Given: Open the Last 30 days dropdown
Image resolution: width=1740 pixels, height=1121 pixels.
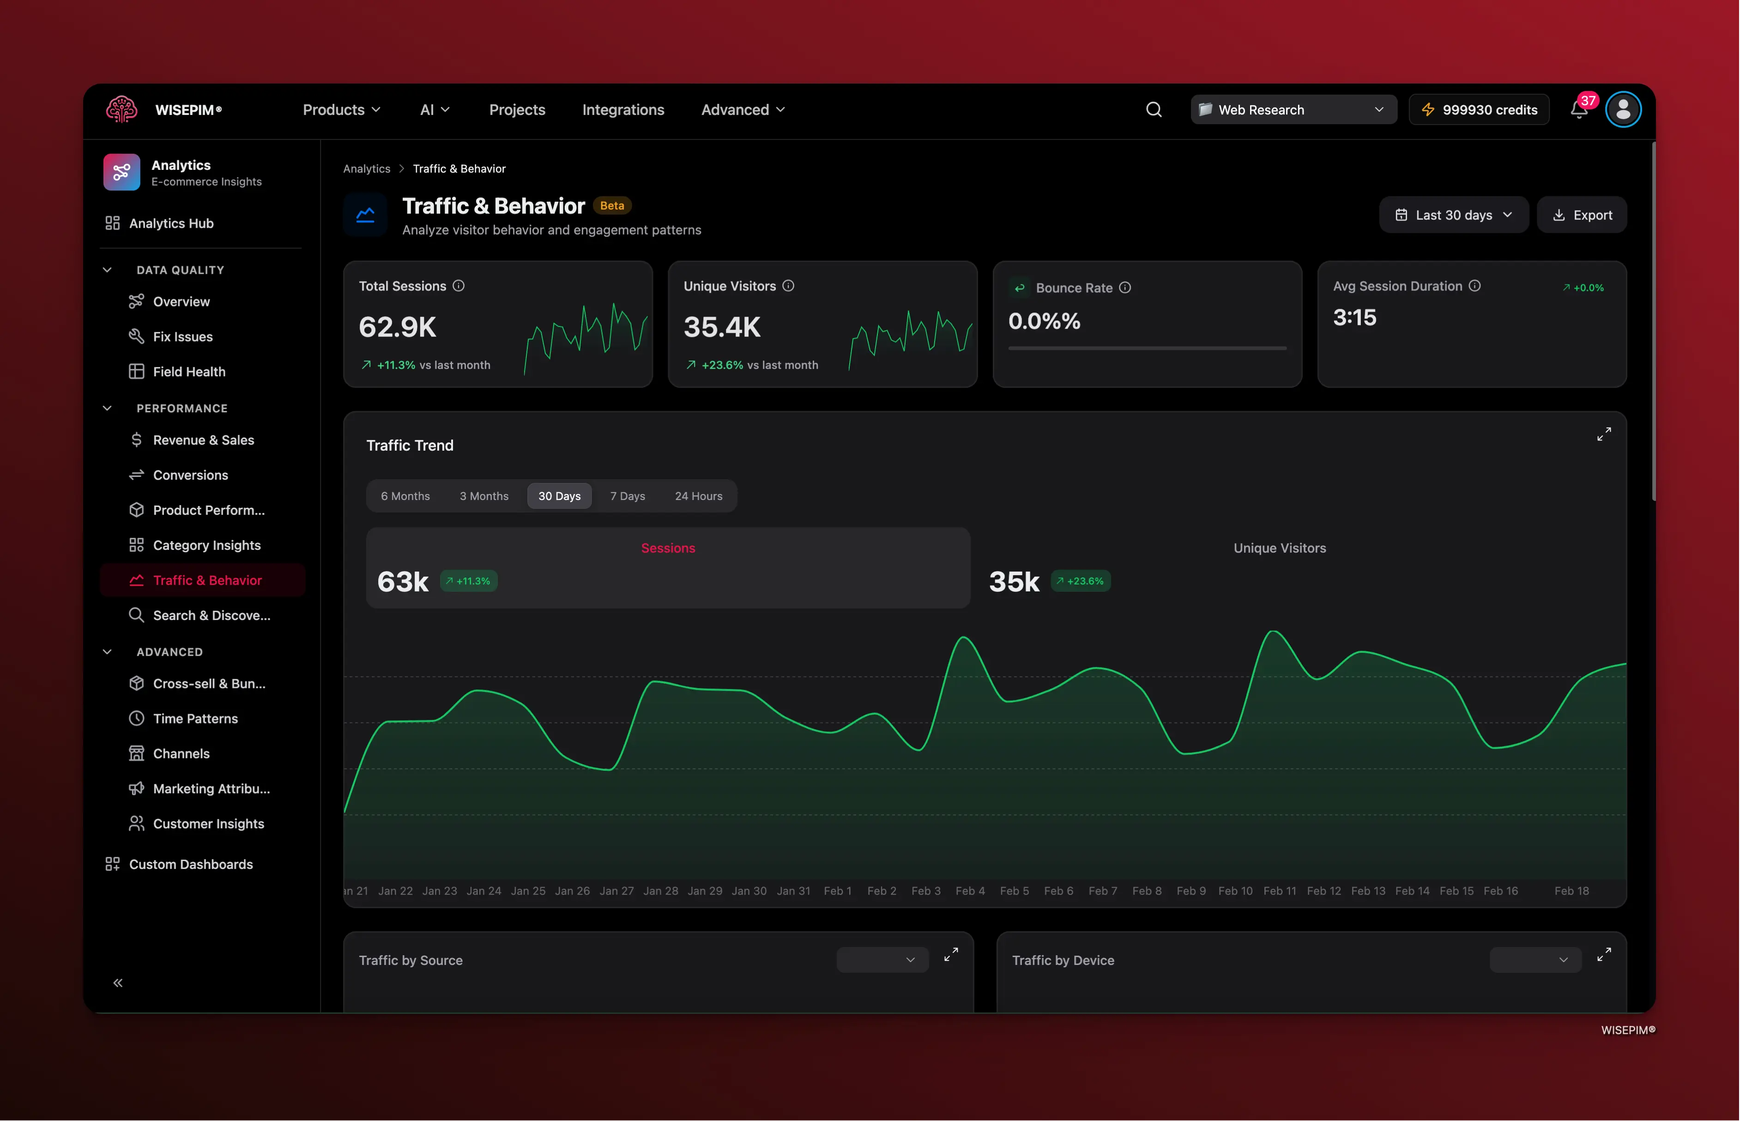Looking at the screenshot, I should [1453, 215].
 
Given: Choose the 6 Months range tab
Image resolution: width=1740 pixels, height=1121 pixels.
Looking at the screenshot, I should [405, 496].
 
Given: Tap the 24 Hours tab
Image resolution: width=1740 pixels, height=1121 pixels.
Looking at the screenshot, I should [698, 496].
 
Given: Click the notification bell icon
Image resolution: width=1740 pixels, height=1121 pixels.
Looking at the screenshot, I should [1578, 110].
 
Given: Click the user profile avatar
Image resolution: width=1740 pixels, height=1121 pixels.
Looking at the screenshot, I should [1623, 110].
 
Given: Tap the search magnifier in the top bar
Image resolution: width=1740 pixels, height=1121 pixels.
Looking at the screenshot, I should [1153, 110].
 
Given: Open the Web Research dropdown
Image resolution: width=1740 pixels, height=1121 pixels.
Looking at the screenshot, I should [1293, 110].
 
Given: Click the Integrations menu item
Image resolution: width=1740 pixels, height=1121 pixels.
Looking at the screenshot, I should [623, 110].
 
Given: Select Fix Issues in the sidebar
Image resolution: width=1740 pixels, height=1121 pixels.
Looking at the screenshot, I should [183, 336].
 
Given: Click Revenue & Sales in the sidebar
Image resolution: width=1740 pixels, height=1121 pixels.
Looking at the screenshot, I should [203, 440].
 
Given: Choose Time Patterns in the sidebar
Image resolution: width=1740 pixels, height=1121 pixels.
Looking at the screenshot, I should [195, 718].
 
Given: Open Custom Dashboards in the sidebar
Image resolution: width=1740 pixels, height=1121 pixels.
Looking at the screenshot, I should [191, 864].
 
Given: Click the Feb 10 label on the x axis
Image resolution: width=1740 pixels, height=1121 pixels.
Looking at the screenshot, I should [1235, 891].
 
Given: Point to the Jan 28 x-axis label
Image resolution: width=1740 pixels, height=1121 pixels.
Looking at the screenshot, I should [660, 891].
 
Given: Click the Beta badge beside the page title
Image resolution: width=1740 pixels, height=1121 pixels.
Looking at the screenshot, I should [611, 206].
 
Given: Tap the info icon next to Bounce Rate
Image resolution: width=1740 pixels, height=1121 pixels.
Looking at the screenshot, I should [1125, 288].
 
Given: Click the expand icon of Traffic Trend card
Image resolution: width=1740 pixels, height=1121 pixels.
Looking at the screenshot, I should [1604, 434].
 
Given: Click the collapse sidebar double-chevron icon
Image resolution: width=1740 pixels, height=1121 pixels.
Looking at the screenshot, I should [118, 982].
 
